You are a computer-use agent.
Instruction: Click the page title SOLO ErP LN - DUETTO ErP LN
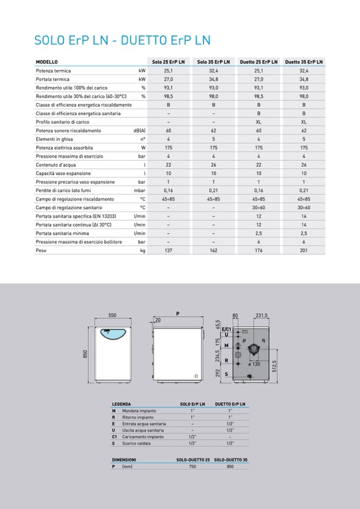[122, 40]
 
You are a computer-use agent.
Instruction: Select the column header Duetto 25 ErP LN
[259, 62]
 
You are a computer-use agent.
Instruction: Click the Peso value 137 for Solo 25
[168, 251]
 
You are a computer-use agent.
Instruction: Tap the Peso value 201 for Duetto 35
[304, 251]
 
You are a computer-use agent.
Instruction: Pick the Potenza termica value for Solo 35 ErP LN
[213, 71]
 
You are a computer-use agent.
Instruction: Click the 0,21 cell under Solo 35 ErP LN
[213, 191]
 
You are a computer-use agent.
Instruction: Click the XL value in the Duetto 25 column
[259, 122]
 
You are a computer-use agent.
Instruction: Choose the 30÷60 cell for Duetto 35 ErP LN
[304, 208]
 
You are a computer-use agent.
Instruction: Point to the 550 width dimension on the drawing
[113, 315]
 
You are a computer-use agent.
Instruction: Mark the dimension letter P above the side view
[177, 313]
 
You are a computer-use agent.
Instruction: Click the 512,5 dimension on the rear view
[275, 366]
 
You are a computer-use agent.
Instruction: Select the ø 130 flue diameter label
[254, 364]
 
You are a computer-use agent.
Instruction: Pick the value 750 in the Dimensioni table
[192, 466]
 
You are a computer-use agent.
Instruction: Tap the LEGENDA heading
[122, 404]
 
